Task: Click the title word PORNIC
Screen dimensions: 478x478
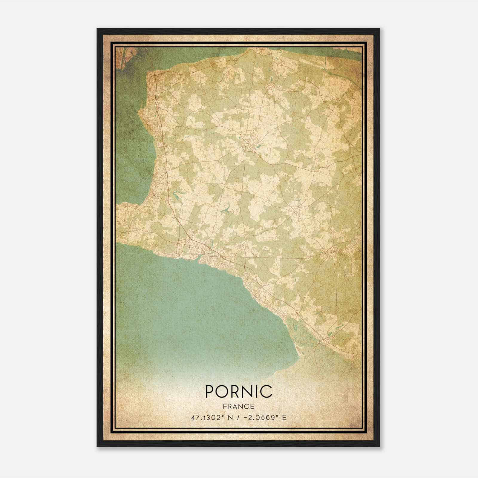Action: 239,391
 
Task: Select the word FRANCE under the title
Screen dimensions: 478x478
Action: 239,406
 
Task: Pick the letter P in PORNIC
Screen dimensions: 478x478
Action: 209,391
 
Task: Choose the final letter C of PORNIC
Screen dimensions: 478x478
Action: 266,391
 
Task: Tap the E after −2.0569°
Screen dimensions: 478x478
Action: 284,417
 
